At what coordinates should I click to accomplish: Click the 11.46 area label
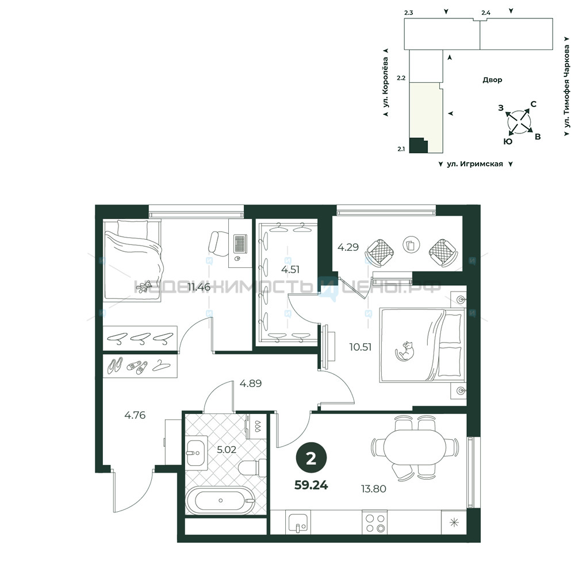(199, 287)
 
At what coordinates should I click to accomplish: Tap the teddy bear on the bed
(144, 287)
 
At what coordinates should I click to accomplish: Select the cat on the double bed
(404, 351)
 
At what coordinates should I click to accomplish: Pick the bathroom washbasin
(196, 453)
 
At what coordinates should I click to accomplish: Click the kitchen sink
(298, 523)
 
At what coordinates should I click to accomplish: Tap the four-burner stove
(375, 523)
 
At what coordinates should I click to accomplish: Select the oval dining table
(415, 447)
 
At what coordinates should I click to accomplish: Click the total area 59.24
(311, 485)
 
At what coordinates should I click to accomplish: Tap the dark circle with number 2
(311, 458)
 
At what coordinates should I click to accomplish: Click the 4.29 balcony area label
(348, 247)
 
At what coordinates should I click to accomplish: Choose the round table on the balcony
(411, 244)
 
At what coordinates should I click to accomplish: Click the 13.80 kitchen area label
(373, 488)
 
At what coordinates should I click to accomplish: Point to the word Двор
(492, 79)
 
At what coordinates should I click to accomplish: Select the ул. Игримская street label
(475, 164)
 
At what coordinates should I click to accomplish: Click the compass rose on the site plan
(519, 120)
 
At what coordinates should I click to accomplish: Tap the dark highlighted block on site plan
(417, 145)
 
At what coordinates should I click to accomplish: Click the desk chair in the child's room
(218, 243)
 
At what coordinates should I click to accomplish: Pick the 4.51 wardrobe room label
(290, 270)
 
